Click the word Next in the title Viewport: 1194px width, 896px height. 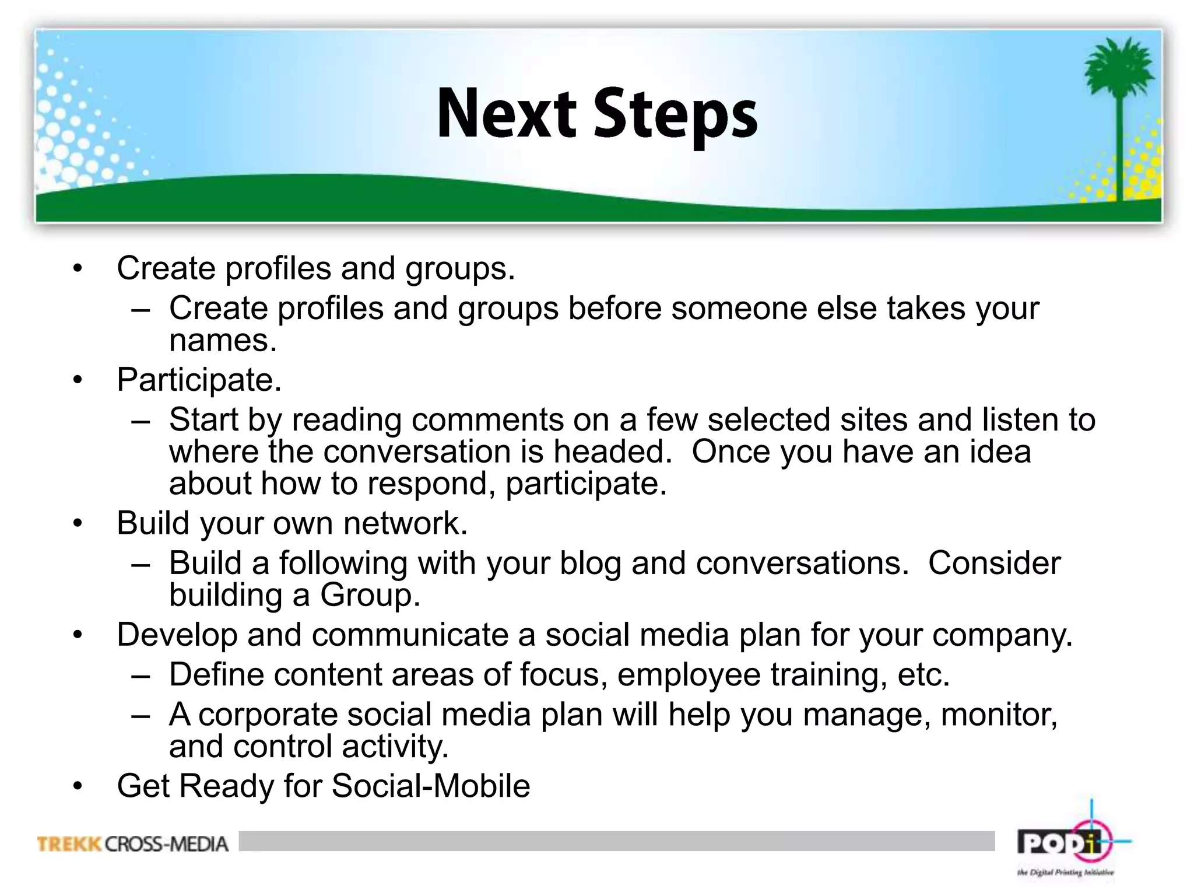[x=506, y=113]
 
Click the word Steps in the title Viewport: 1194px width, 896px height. [x=675, y=116]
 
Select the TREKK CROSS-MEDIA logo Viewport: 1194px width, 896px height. [x=133, y=843]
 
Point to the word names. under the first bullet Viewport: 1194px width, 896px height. [x=223, y=341]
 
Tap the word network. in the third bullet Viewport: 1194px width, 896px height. [x=405, y=523]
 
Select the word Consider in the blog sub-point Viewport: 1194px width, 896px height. [x=994, y=563]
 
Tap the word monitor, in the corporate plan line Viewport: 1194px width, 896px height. [x=999, y=715]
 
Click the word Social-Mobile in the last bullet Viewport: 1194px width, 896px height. [x=431, y=786]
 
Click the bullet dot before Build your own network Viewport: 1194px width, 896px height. [x=78, y=523]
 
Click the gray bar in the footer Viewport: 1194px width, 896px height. [x=616, y=841]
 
